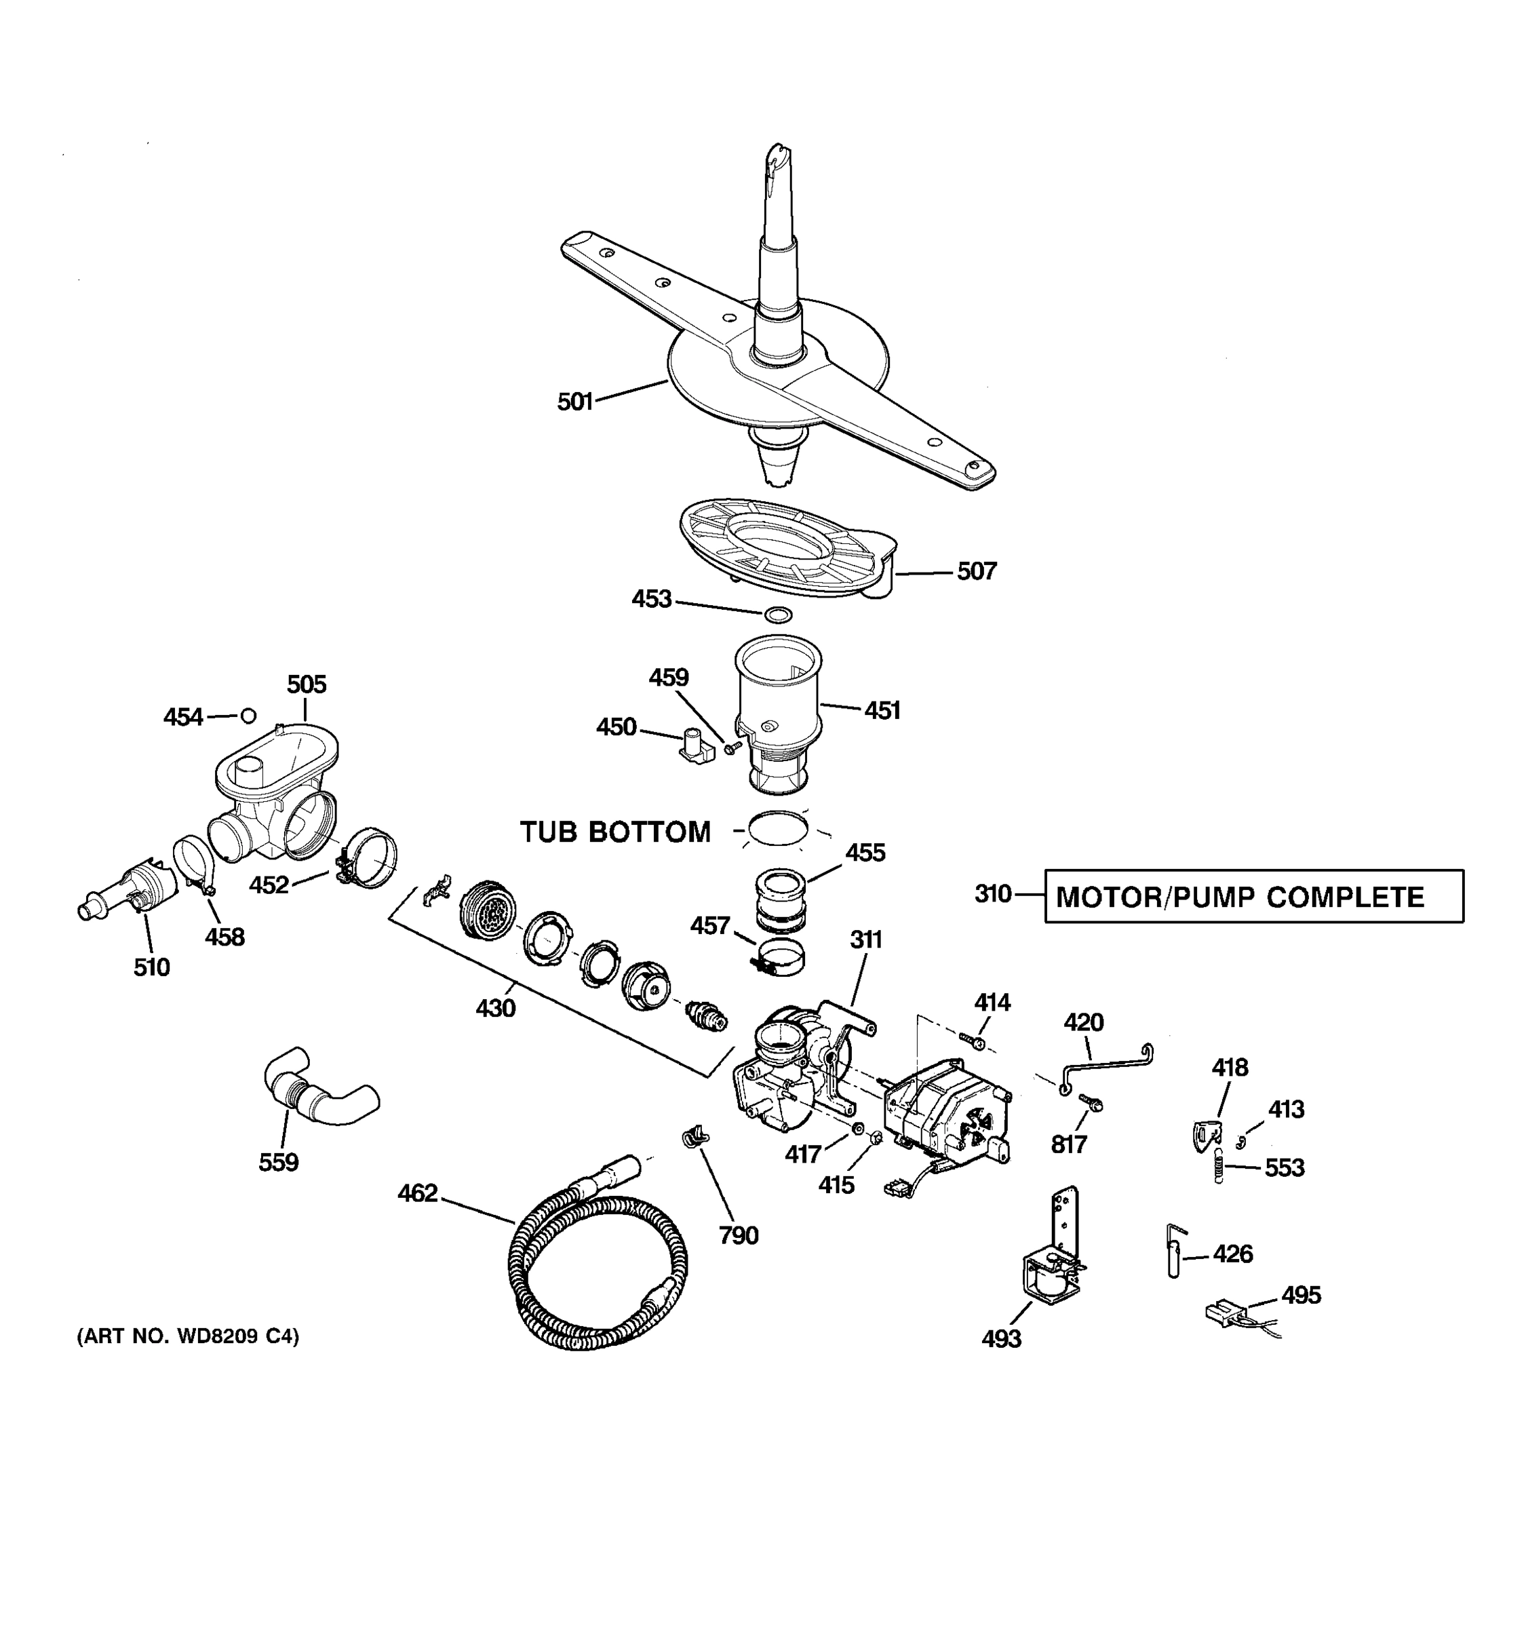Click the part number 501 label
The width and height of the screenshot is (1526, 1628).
coord(574,402)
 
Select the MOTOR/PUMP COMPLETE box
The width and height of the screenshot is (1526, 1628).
coord(1253,896)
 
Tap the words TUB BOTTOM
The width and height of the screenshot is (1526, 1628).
coord(616,832)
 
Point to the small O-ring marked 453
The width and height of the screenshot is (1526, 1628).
coord(778,613)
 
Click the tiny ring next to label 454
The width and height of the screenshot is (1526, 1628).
coord(248,716)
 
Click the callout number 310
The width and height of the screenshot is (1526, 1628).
coord(992,893)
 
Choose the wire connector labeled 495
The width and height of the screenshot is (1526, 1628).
coord(1228,1313)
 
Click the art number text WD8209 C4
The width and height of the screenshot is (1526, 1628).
coord(189,1336)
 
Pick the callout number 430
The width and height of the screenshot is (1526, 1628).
coord(495,1008)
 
